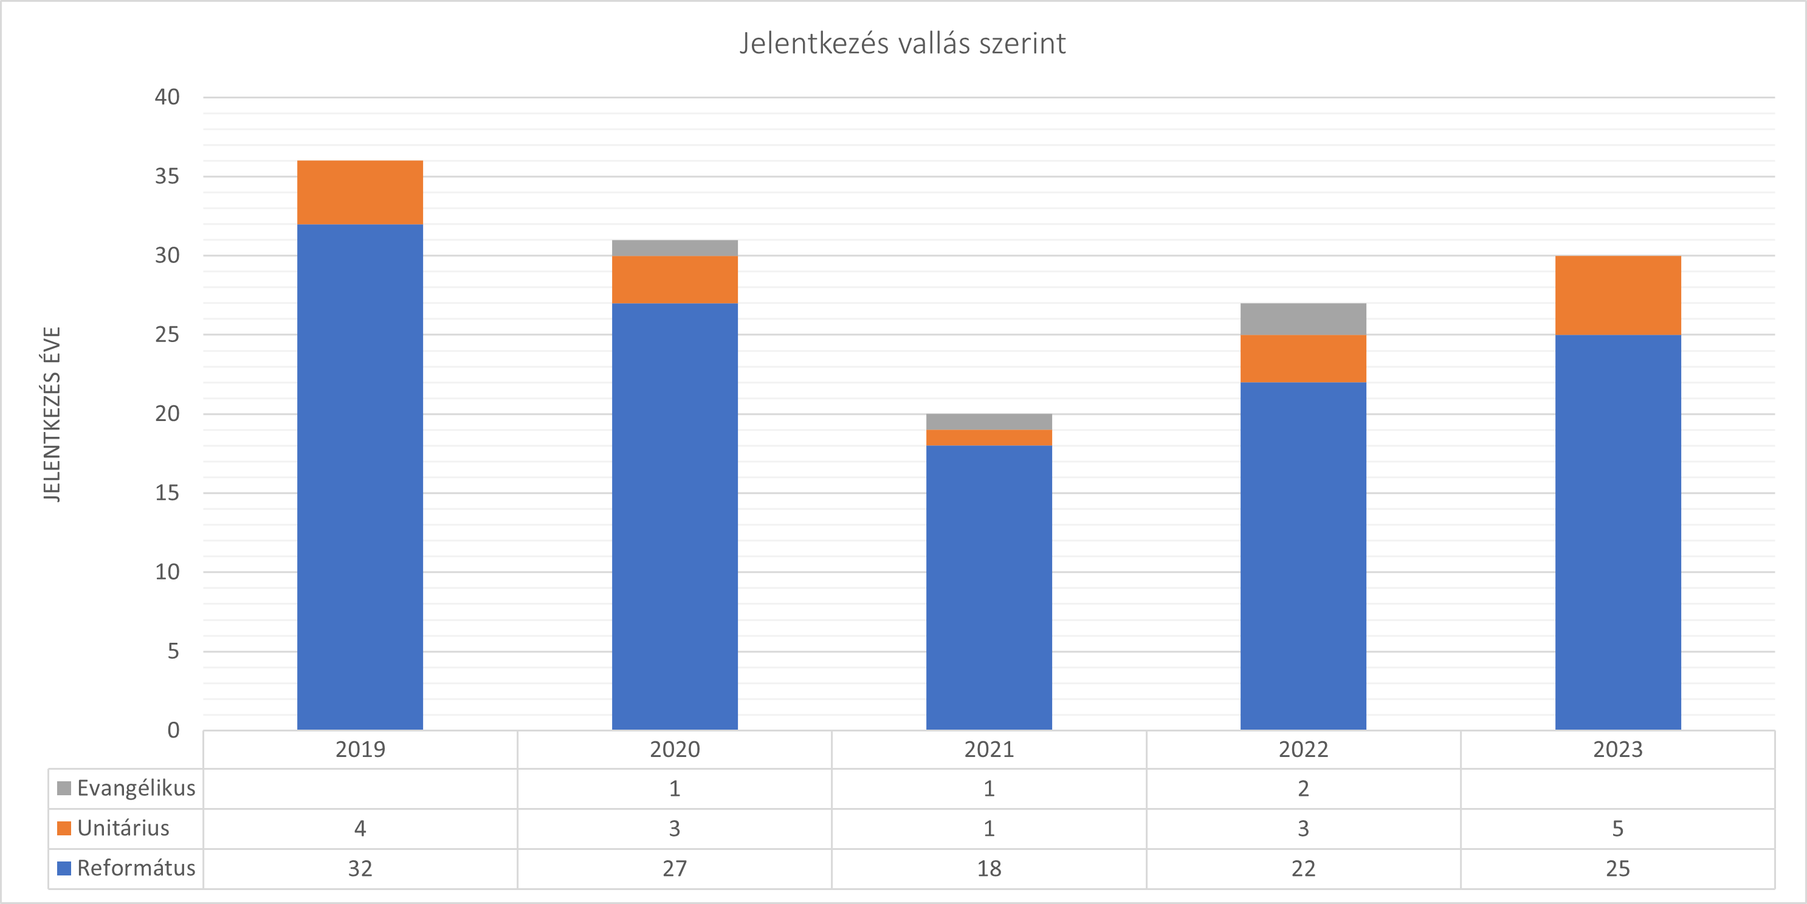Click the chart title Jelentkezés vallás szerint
[902, 44]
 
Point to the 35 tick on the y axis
[167, 176]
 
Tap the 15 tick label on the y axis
[167, 493]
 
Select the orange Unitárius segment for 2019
[360, 192]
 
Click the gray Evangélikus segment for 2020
[674, 248]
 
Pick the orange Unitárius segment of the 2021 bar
[988, 437]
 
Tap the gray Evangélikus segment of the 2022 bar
[1303, 319]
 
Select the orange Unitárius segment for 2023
[1617, 295]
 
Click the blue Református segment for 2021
[988, 587]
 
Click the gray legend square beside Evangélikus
[64, 789]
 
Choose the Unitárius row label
[123, 828]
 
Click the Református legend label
[136, 868]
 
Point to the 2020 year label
[674, 750]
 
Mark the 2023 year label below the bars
[1617, 750]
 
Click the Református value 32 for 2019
[360, 869]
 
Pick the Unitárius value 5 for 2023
[1617, 829]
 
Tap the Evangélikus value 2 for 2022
[1303, 789]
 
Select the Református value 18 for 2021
[988, 869]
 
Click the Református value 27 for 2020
[674, 869]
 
